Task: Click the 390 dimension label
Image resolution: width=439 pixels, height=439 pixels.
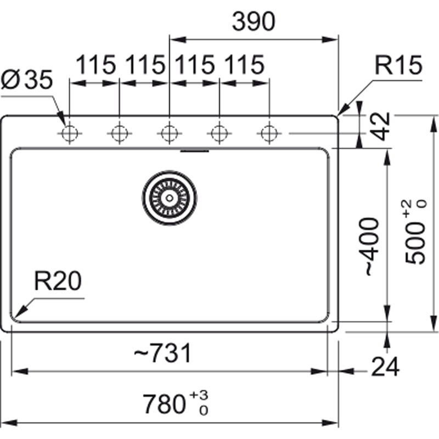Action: coord(253,22)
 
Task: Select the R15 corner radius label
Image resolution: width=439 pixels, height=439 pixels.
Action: coord(399,66)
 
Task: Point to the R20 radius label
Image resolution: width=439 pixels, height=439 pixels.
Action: coord(57,282)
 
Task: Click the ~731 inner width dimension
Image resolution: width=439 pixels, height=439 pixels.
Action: coord(163,353)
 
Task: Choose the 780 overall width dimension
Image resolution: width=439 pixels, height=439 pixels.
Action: coord(163,404)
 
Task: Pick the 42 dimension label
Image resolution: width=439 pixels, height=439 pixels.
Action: coord(380,127)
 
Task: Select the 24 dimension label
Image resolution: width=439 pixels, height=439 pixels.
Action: coord(385,367)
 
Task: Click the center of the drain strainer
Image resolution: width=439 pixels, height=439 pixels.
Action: coord(169,198)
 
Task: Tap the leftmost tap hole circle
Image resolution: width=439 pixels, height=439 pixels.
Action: coord(70,133)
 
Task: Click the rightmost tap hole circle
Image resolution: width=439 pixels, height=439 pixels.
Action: coord(268,133)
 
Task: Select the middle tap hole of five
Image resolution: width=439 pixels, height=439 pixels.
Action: coord(169,133)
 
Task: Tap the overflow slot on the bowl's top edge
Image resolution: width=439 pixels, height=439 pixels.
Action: coord(195,149)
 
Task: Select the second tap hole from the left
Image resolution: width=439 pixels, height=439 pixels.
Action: coord(119,133)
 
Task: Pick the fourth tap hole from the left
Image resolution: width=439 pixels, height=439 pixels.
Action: coord(219,133)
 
